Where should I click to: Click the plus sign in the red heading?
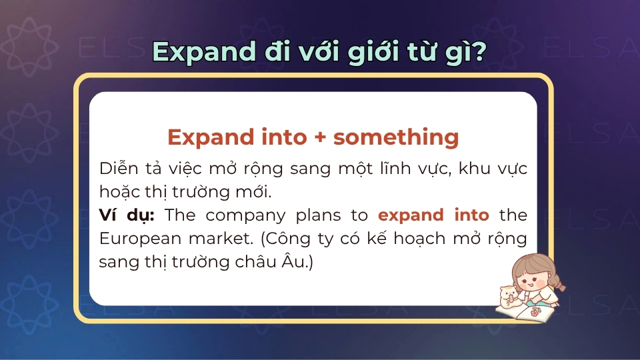pyautogui.click(x=321, y=137)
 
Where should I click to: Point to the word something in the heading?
pyautogui.click(x=396, y=137)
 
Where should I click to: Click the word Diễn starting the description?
pyautogui.click(x=115, y=168)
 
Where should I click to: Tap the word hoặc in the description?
pyautogui.click(x=117, y=192)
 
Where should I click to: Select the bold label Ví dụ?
pyautogui.click(x=127, y=215)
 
